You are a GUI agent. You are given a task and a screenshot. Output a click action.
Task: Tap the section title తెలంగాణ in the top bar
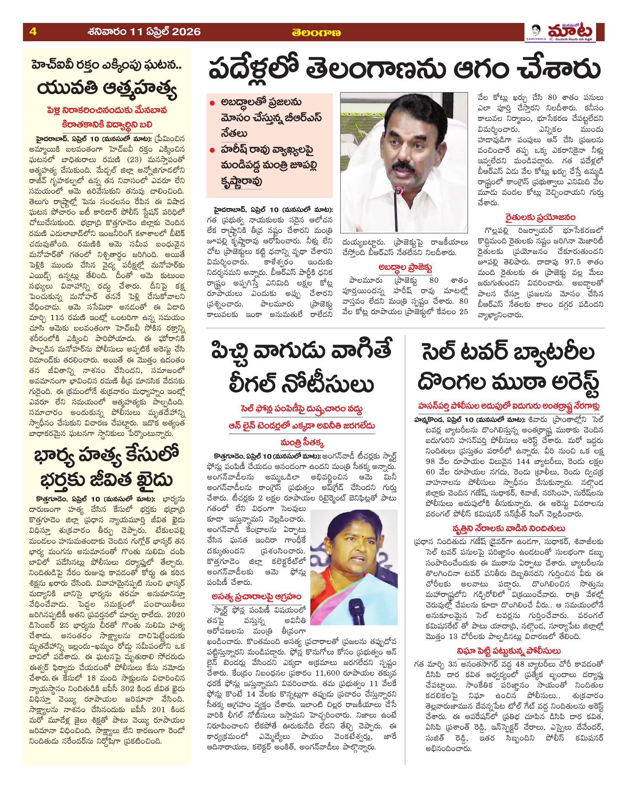pos(317,33)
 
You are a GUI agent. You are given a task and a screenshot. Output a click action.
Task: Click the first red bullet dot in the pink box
pos(212,103)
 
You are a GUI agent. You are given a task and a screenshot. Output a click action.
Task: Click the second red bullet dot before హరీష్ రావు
pos(212,149)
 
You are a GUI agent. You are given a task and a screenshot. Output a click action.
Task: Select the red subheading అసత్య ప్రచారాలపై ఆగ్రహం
pos(258,596)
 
